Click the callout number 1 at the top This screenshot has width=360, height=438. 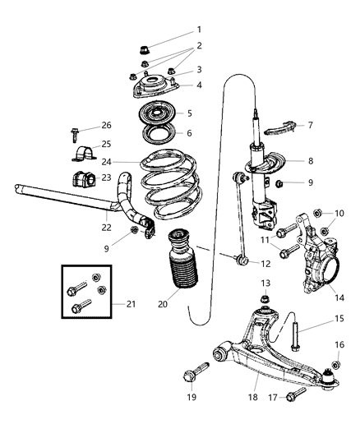point(198,30)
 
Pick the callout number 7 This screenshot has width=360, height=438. point(310,125)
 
